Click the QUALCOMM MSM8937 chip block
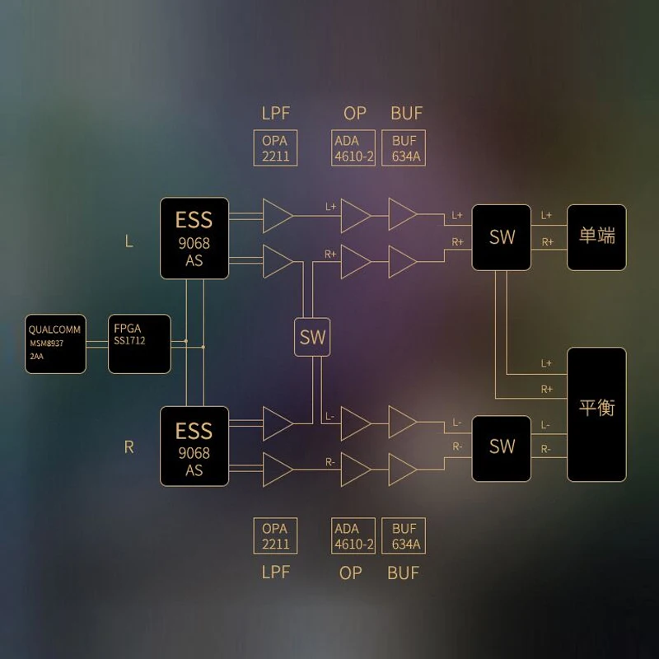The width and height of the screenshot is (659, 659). click(x=55, y=344)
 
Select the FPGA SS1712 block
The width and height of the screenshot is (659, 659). click(x=140, y=344)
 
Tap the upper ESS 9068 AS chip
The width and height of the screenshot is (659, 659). click(x=194, y=237)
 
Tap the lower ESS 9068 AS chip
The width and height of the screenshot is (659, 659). click(x=194, y=447)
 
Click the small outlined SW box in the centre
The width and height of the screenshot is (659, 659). click(x=312, y=337)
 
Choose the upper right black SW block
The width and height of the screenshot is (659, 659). click(x=502, y=237)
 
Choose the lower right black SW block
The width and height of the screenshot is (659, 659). click(x=502, y=447)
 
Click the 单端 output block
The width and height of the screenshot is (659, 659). click(x=596, y=237)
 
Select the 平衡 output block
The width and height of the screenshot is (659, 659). click(x=596, y=414)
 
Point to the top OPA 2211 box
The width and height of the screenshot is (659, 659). click(x=275, y=148)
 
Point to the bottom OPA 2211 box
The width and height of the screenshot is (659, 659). click(x=275, y=536)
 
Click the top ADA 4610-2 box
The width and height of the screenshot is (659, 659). click(x=353, y=148)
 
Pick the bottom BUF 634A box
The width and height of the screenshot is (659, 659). click(x=405, y=536)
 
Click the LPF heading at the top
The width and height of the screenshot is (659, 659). click(x=274, y=113)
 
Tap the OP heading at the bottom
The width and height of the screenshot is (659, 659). click(x=351, y=573)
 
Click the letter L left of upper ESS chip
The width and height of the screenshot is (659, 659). click(x=129, y=241)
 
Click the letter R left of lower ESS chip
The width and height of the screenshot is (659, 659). click(x=129, y=447)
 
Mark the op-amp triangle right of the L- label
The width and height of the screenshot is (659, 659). click(x=354, y=422)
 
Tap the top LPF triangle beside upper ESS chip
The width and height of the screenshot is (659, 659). click(x=276, y=216)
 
